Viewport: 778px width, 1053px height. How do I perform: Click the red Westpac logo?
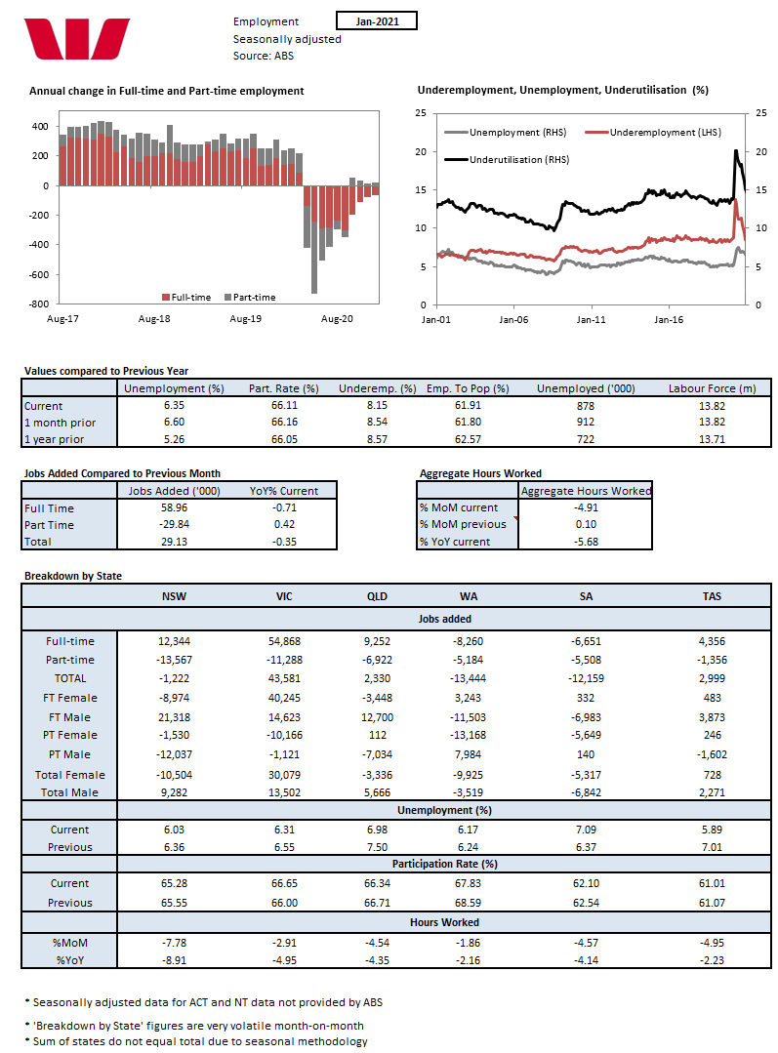point(77,38)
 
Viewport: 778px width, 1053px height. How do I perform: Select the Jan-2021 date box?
point(376,20)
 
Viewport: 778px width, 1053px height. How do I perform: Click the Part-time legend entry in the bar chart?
point(250,297)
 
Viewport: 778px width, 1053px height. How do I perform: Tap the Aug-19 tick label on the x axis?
point(245,318)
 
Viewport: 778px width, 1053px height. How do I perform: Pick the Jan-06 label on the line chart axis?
point(513,318)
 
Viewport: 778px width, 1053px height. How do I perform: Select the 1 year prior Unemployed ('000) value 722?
point(586,439)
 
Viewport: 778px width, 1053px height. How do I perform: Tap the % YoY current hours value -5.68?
point(586,542)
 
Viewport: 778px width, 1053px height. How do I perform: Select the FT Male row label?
point(70,716)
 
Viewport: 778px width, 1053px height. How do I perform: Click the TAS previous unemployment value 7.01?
point(711,847)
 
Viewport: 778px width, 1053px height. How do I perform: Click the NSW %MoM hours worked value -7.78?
point(173,941)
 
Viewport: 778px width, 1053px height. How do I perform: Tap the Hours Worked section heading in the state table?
point(446,921)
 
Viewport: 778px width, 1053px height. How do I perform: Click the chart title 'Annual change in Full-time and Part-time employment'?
point(167,91)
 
